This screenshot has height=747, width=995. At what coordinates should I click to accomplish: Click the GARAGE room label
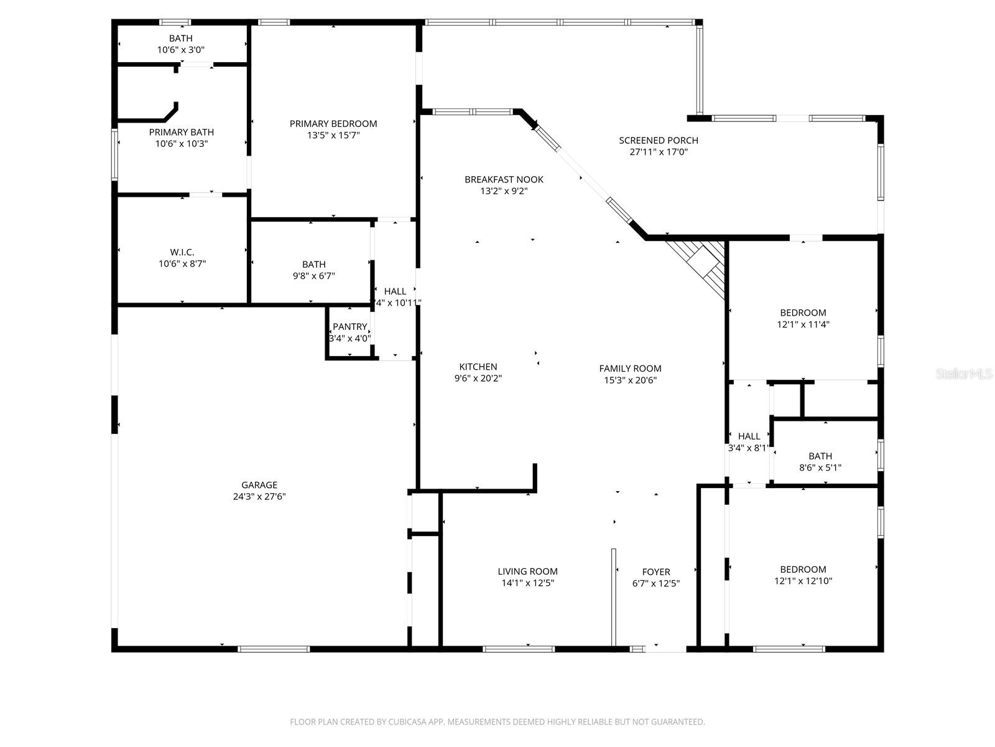(x=259, y=485)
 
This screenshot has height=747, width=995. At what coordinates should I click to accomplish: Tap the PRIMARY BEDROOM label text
(x=333, y=123)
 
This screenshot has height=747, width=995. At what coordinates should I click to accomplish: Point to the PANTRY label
(x=349, y=327)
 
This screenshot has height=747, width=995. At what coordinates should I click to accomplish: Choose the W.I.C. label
(x=182, y=252)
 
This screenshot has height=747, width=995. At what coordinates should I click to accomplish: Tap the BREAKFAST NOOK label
(x=504, y=179)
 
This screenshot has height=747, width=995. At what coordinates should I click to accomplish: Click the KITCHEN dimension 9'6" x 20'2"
(x=478, y=378)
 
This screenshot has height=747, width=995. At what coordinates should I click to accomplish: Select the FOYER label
(x=656, y=571)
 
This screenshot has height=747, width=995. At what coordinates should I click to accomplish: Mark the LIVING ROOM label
(x=527, y=571)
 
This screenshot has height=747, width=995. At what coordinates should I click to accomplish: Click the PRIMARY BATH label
(x=181, y=132)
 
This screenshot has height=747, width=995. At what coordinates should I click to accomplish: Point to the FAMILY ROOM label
(x=630, y=369)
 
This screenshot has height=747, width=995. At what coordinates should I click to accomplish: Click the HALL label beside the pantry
(x=395, y=291)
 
